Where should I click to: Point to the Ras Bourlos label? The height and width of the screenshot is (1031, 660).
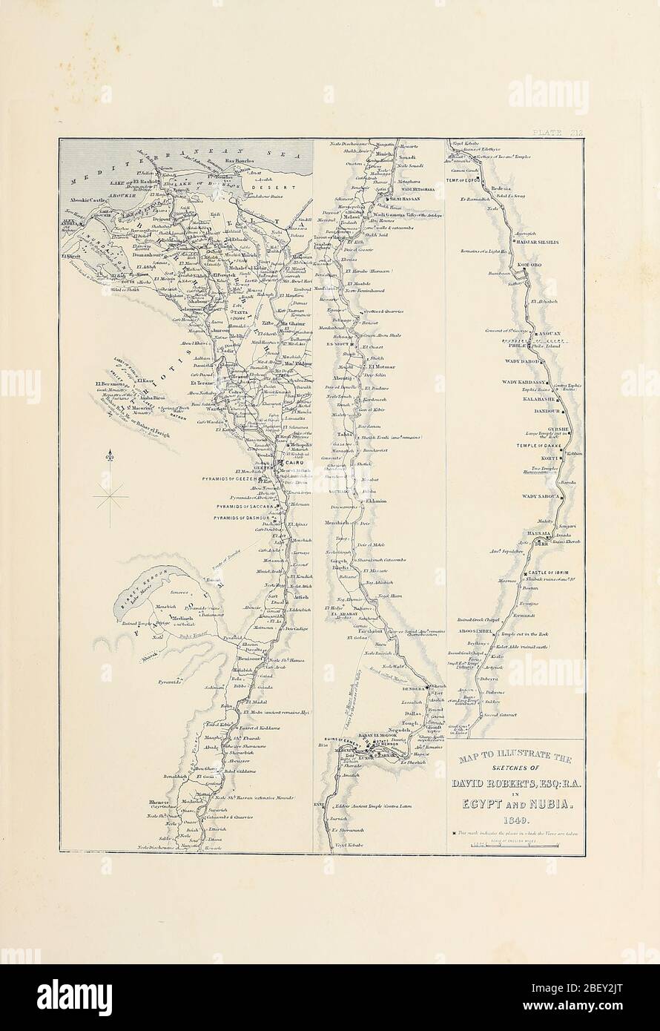[240, 160]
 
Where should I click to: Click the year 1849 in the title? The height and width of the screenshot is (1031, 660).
[515, 820]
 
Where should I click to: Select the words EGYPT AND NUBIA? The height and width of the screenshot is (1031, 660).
[515, 803]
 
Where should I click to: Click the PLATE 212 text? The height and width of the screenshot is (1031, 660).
[556, 132]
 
